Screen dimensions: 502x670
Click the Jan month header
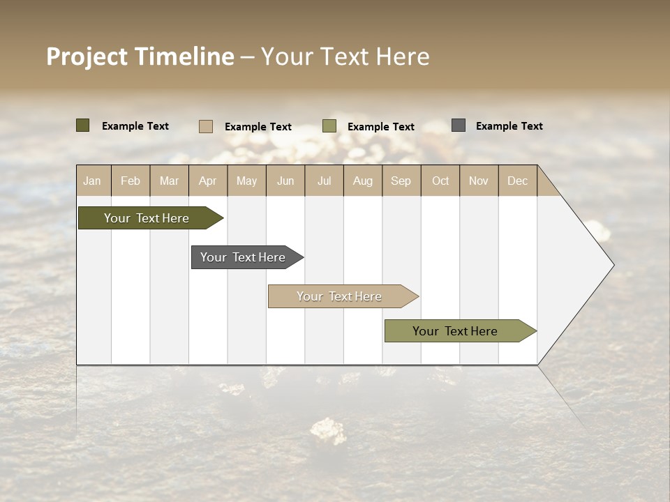tap(93, 181)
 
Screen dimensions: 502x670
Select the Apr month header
tap(208, 181)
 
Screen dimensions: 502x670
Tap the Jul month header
tap(324, 181)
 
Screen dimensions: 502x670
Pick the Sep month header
tap(401, 181)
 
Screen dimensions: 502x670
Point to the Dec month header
tap(517, 181)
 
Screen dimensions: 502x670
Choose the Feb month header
tap(131, 181)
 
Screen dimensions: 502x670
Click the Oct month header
tap(440, 181)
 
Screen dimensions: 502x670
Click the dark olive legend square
tap(82, 125)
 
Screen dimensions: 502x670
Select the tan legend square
tap(205, 126)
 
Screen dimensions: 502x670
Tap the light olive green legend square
tap(329, 126)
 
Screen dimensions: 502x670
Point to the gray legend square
tap(458, 125)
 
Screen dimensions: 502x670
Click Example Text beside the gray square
tap(509, 126)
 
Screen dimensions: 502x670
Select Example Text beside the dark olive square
tap(135, 126)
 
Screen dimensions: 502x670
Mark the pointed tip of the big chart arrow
tap(613, 265)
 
